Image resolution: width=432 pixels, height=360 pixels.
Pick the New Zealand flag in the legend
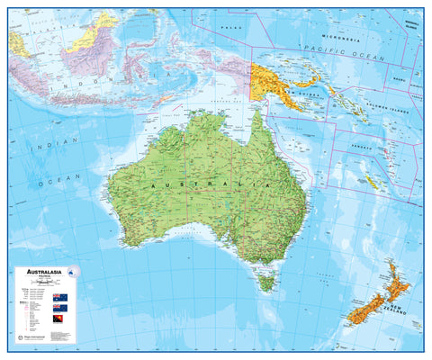(59, 308)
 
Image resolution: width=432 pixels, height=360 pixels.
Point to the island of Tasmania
(265, 283)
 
